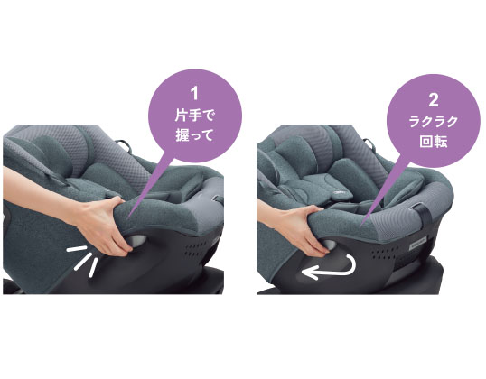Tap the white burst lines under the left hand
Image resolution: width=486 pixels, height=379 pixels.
[86, 260]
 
